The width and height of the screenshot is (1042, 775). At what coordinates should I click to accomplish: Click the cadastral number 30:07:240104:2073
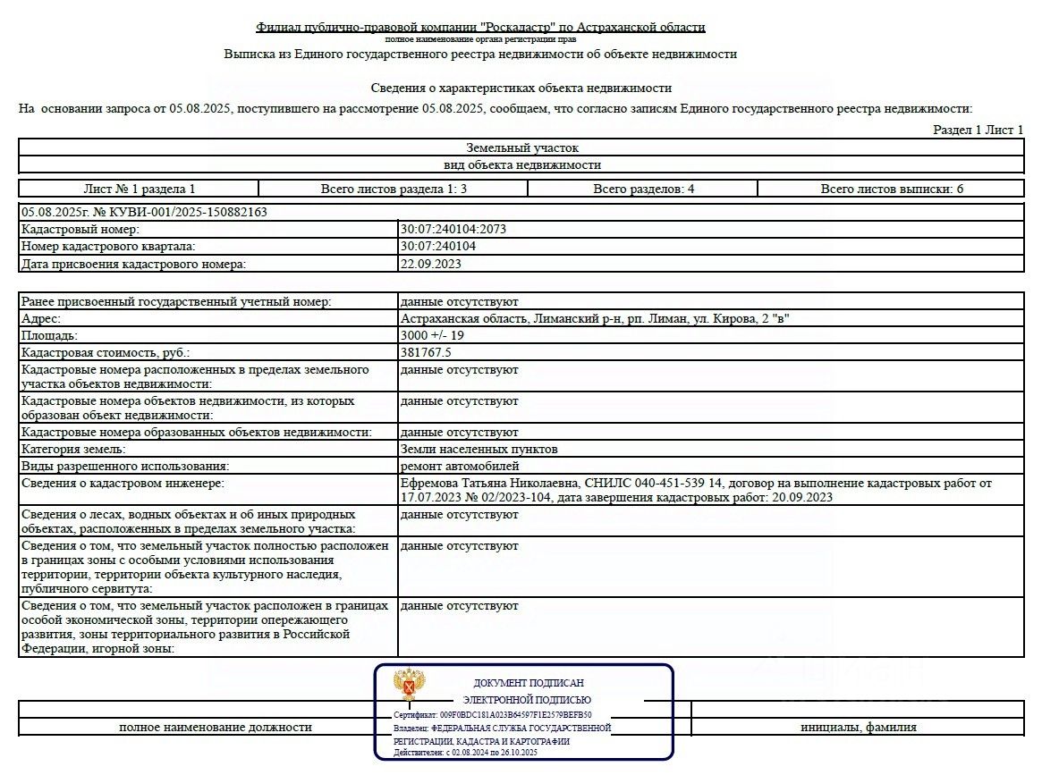[x=453, y=229]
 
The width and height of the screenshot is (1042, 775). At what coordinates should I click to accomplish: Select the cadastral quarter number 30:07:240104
[x=437, y=246]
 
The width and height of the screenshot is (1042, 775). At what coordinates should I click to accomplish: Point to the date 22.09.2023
[x=431, y=264]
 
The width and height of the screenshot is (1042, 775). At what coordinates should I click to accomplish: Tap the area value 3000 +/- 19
[x=432, y=335]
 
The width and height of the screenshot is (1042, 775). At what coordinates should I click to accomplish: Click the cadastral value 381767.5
[x=426, y=352]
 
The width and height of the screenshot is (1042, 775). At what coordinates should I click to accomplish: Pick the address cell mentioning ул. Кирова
[x=595, y=318]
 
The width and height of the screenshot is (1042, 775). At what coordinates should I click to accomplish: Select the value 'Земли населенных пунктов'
[x=479, y=449]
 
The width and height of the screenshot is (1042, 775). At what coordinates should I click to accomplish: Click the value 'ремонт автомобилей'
[x=460, y=466]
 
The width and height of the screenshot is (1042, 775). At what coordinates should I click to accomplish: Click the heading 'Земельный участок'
[x=522, y=147]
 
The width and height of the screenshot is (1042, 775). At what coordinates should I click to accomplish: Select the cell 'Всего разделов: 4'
[x=643, y=189]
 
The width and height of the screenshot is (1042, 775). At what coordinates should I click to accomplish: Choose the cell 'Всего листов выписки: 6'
[x=892, y=189]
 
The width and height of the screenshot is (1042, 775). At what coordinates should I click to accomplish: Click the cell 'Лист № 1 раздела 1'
[x=139, y=189]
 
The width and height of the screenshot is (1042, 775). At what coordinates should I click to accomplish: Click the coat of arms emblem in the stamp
[x=410, y=686]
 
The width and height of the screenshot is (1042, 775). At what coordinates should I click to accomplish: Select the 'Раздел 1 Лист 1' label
[x=978, y=130]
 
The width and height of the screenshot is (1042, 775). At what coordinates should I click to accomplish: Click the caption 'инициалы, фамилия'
[x=858, y=727]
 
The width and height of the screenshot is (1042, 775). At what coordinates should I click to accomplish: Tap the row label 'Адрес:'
[x=41, y=318]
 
